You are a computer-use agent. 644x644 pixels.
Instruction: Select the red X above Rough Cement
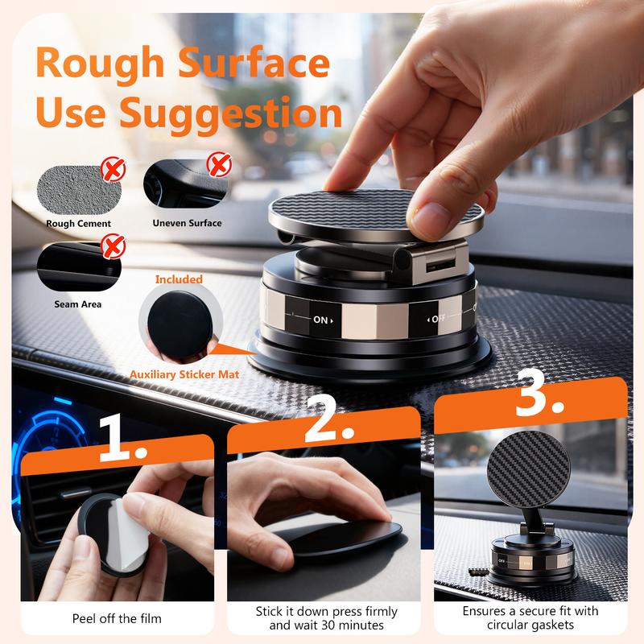114,169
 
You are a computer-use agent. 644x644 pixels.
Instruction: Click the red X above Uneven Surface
219,164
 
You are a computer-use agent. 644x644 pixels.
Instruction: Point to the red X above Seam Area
114,246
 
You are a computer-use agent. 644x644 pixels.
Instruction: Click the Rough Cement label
78,224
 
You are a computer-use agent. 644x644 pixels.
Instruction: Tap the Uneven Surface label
187,223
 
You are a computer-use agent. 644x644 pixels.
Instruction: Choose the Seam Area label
77,304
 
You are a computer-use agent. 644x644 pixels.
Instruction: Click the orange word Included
179,279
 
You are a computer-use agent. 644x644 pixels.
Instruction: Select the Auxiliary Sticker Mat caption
184,374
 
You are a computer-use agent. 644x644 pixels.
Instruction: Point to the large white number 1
122,438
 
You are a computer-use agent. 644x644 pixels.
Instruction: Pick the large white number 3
539,393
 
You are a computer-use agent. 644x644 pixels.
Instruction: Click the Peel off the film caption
117,618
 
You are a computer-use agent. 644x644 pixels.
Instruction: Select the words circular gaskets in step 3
530,625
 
